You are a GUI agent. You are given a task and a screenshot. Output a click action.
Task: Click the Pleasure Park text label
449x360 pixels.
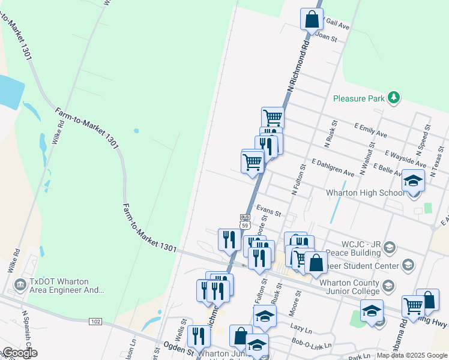coord(358,98)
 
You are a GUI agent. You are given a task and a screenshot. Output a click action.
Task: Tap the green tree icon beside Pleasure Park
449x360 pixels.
coord(393,97)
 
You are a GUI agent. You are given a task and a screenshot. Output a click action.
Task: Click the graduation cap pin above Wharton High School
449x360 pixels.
coord(413,181)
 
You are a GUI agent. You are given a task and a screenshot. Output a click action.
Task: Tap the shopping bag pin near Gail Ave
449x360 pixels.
coord(312,19)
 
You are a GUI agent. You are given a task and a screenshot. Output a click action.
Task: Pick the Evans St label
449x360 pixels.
coord(268,211)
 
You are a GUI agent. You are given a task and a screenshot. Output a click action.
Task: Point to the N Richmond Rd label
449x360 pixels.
coord(298,66)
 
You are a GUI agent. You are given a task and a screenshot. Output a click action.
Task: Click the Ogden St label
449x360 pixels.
coord(178,347)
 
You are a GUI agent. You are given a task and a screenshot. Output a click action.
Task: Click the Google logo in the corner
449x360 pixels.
coord(19,353)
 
